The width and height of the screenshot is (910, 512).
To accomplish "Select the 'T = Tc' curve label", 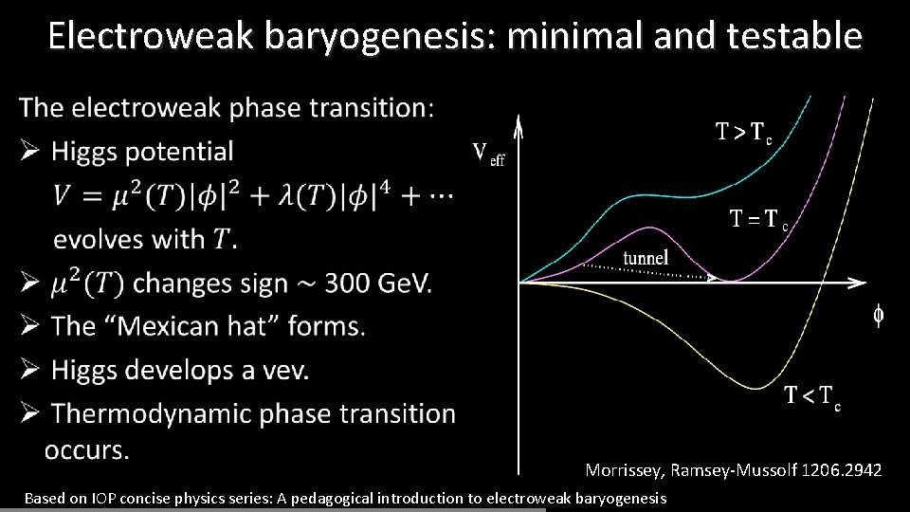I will (758, 221).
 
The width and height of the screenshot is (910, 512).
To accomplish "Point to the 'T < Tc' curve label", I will (811, 396).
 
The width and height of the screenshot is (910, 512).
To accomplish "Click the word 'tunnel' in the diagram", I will (646, 257).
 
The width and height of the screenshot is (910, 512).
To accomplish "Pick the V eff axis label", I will (487, 153).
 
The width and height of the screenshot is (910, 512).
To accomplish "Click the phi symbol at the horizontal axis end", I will (879, 315).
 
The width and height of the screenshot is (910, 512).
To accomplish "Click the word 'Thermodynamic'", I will (148, 413).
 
